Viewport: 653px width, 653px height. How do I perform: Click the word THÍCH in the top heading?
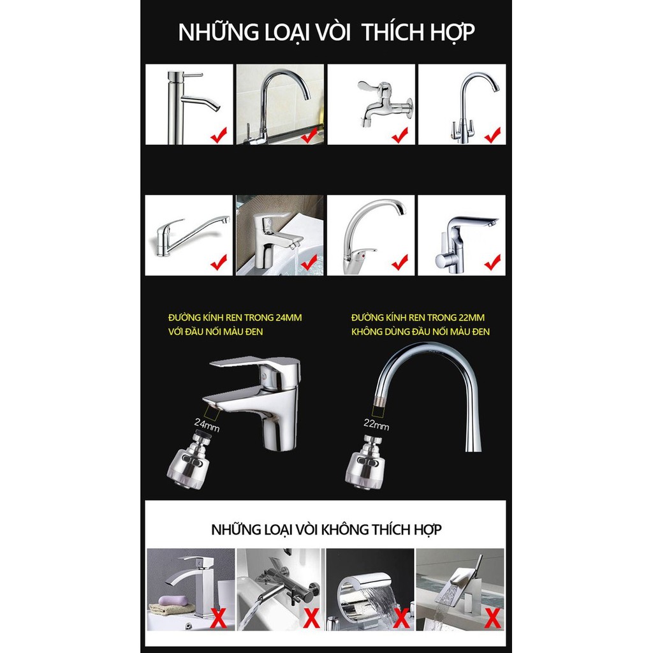[389, 32]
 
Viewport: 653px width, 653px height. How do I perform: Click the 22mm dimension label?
[376, 424]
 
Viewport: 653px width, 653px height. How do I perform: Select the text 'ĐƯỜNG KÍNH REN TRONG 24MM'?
[235, 318]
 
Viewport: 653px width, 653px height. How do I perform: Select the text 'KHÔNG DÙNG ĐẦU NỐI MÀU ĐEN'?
[420, 332]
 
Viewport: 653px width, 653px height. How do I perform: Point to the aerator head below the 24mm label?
[189, 462]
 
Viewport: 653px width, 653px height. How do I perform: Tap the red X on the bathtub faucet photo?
[311, 618]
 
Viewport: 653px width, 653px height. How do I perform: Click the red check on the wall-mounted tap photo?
[400, 135]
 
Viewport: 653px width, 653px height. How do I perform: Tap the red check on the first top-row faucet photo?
[219, 135]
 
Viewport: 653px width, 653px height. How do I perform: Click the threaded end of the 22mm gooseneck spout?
[379, 402]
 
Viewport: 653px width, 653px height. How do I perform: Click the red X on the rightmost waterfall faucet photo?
[493, 618]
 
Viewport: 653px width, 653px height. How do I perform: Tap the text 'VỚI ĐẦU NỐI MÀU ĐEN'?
[216, 332]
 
